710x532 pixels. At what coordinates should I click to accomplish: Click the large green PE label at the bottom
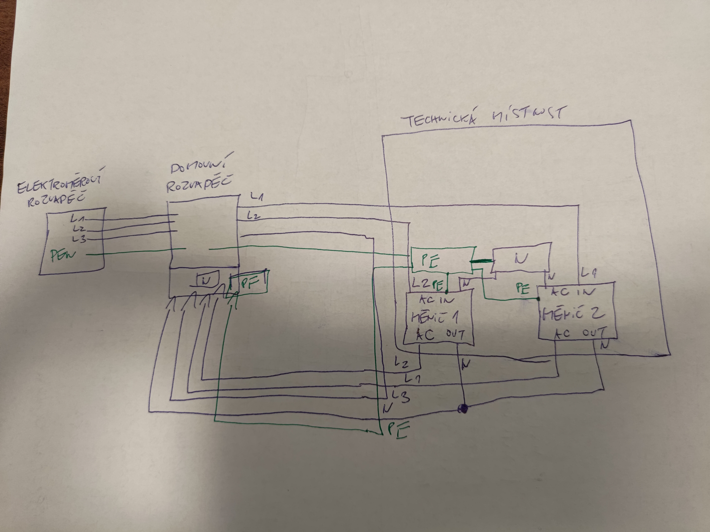click(x=398, y=430)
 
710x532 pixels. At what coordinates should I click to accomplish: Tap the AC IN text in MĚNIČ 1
click(x=436, y=300)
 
